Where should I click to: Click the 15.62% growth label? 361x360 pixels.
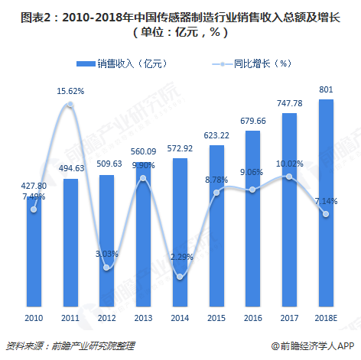coord(70,91)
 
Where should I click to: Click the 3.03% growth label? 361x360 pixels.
coord(107,253)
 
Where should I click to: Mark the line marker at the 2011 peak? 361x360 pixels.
coord(70,105)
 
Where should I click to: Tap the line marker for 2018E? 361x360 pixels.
coord(325,214)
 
